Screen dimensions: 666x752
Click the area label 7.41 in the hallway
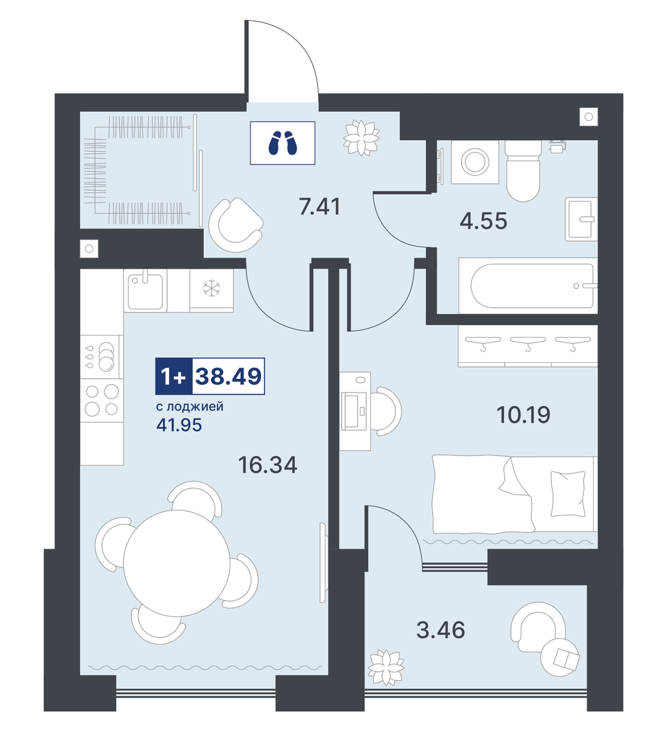click(x=319, y=206)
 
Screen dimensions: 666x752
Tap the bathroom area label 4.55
click(x=483, y=221)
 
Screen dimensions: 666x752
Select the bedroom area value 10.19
click(x=523, y=414)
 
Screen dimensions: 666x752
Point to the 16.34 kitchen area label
click(x=267, y=464)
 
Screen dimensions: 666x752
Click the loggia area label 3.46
click(x=441, y=629)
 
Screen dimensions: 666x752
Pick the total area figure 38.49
click(x=228, y=376)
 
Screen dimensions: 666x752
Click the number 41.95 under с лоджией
click(x=179, y=425)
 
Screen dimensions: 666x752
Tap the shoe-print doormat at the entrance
click(x=283, y=143)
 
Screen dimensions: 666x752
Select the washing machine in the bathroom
click(x=475, y=162)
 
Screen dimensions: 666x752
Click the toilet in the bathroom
click(x=523, y=171)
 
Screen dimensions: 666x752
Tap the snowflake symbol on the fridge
click(x=212, y=289)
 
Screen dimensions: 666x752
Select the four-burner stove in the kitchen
click(x=102, y=400)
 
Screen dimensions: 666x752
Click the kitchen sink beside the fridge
click(x=145, y=290)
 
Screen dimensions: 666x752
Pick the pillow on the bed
click(x=568, y=494)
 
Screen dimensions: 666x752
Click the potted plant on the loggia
click(x=386, y=667)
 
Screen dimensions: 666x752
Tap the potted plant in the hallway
click(x=361, y=137)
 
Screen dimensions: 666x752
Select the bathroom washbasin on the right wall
click(x=581, y=219)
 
